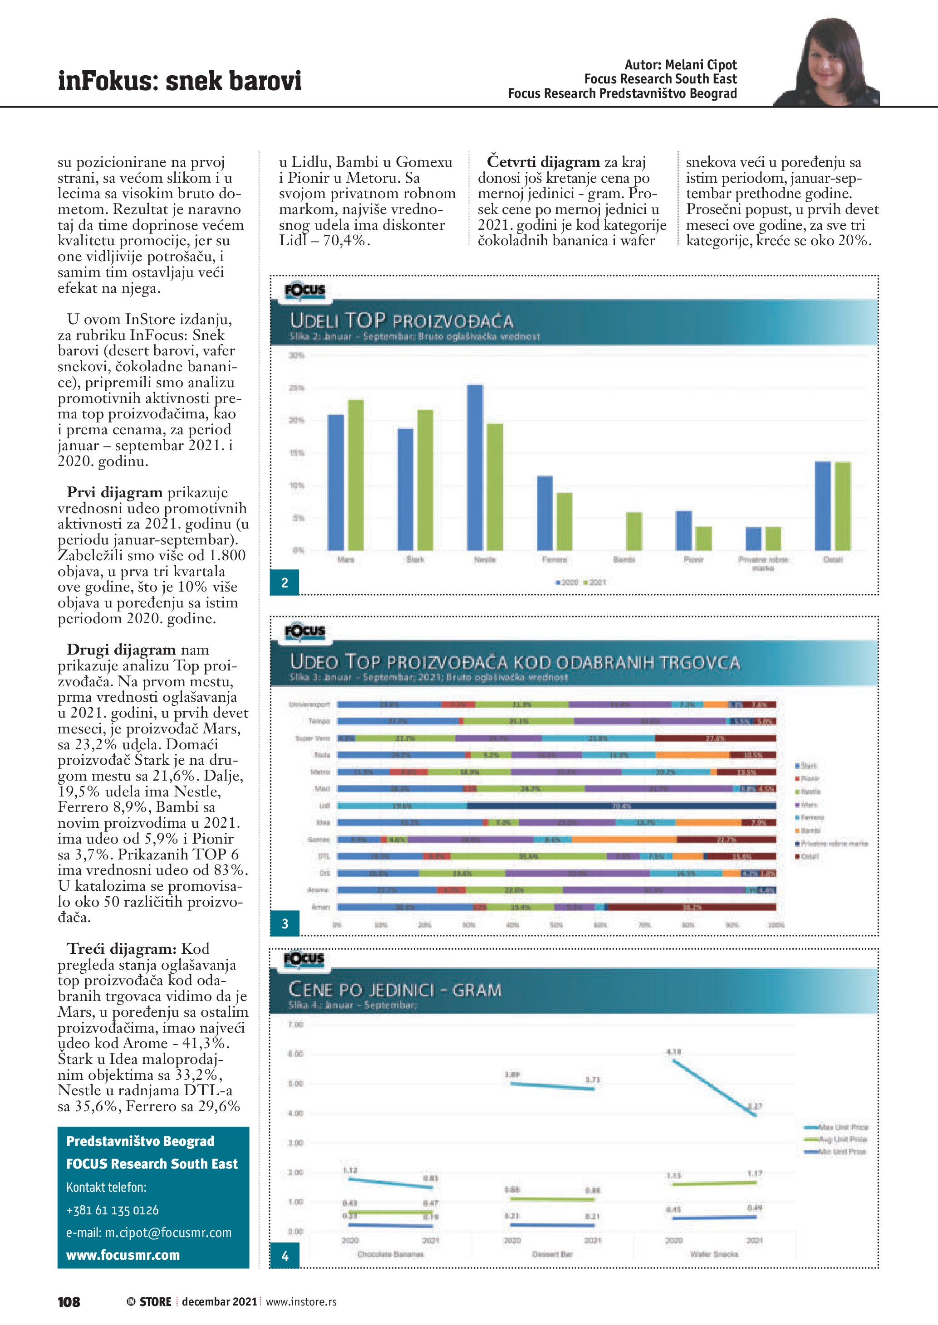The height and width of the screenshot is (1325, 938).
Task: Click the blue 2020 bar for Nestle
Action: pyautogui.click(x=475, y=467)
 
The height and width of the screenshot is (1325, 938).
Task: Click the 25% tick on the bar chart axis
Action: pyautogui.click(x=296, y=388)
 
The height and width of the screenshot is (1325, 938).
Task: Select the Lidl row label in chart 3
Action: pyautogui.click(x=324, y=806)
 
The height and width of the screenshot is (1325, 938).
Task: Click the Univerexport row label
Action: pyautogui.click(x=309, y=704)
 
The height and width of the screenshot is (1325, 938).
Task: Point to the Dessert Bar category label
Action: pyautogui.click(x=552, y=1254)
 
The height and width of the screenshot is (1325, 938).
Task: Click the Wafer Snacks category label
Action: pyautogui.click(x=714, y=1254)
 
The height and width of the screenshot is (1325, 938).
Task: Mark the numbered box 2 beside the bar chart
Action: pyautogui.click(x=285, y=583)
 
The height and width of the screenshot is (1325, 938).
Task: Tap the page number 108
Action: pyautogui.click(x=69, y=1302)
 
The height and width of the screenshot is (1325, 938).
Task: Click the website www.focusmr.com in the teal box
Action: pyautogui.click(x=123, y=1255)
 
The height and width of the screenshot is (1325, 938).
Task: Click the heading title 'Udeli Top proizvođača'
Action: pyautogui.click(x=401, y=321)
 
